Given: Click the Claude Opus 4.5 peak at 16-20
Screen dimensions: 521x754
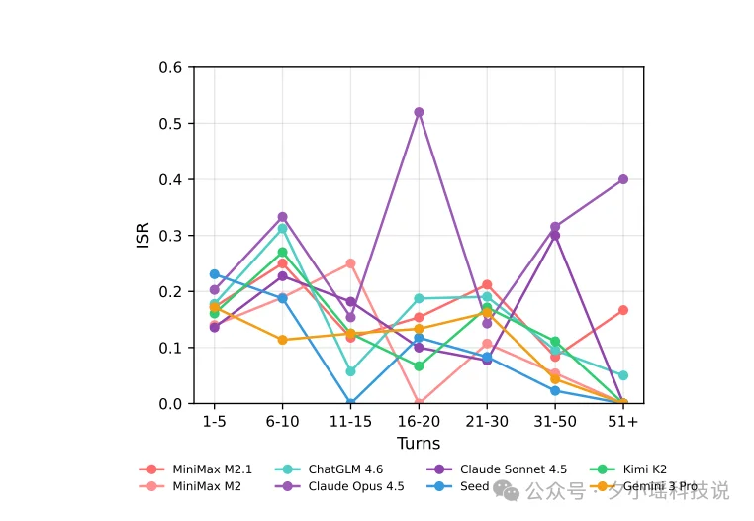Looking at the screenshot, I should click(419, 112).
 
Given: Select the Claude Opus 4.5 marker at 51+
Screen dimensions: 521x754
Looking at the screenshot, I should click(623, 179).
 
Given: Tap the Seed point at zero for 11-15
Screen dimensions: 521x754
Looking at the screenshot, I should click(350, 403).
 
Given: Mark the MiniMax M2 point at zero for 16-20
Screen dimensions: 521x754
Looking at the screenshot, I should click(419, 403).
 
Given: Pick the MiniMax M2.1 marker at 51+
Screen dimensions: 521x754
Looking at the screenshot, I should click(623, 310).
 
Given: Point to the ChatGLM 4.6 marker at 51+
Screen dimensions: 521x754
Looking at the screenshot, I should click(623, 375).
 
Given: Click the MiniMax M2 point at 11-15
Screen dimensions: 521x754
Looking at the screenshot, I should click(350, 263).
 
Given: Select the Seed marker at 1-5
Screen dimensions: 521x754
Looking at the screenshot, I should click(215, 274).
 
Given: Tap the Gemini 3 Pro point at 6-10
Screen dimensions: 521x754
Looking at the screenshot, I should click(282, 340).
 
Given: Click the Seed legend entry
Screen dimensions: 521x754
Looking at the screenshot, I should click(474, 486).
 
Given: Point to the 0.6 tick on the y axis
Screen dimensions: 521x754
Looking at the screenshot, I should click(171, 67).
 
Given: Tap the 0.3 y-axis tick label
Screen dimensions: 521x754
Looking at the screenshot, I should click(171, 236).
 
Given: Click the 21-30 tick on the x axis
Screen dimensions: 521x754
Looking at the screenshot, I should click(487, 421).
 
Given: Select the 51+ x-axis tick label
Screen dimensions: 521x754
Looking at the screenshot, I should click(623, 421).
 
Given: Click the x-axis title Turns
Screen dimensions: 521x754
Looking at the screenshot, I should click(419, 443).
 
